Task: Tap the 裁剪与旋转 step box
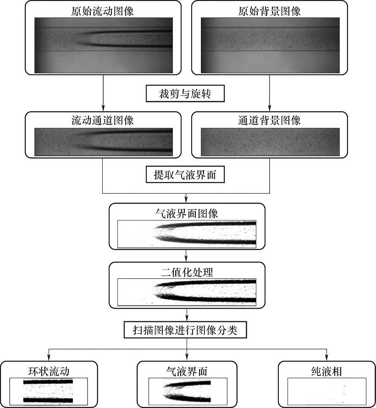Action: (x=186, y=94)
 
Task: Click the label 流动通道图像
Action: (x=103, y=121)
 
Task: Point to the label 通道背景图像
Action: (x=270, y=121)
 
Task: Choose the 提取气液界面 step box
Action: (x=186, y=175)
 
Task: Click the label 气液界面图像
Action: (x=187, y=213)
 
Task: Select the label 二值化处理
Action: (x=187, y=272)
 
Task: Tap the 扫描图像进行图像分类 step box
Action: (x=186, y=330)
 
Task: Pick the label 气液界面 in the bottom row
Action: (x=187, y=370)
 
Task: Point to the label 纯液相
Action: (x=326, y=370)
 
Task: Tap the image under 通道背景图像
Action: (x=270, y=142)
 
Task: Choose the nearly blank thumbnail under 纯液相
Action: (x=326, y=391)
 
